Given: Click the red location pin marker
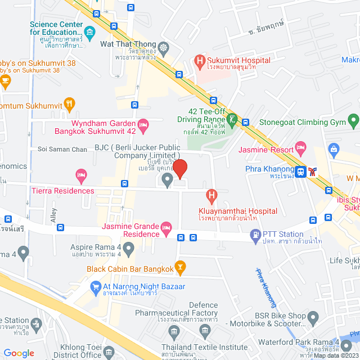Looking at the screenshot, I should (179, 169).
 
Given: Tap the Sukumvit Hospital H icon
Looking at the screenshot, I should (198, 60).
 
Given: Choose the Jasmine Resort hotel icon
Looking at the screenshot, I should (301, 150).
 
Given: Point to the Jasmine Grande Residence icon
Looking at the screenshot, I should (166, 228).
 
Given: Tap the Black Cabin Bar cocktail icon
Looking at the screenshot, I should (180, 266).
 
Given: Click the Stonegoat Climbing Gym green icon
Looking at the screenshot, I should (353, 119).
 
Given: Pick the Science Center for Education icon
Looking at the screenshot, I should (89, 30).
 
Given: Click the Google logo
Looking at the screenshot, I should (19, 353).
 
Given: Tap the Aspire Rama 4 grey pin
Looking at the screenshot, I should (129, 247).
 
